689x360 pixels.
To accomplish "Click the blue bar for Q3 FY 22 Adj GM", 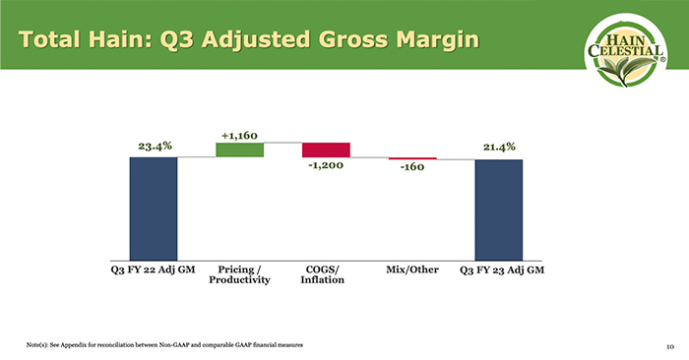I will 154,208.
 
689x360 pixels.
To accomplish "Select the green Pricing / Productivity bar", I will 239,150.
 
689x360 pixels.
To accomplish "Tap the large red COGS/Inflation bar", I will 326,150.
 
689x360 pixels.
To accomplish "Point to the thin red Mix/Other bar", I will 412,158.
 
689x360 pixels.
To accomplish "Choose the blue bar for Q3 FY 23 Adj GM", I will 499,209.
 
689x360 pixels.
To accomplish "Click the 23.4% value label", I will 155,146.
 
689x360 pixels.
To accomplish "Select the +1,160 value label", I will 240,133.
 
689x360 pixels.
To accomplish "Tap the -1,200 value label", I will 325,166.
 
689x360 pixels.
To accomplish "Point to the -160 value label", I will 412,168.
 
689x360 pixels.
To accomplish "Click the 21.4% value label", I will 500,147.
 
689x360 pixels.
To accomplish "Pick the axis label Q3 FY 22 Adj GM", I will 154,269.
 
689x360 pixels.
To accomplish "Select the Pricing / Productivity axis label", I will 239,274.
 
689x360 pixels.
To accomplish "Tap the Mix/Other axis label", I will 411,269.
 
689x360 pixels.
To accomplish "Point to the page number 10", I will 668,346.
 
